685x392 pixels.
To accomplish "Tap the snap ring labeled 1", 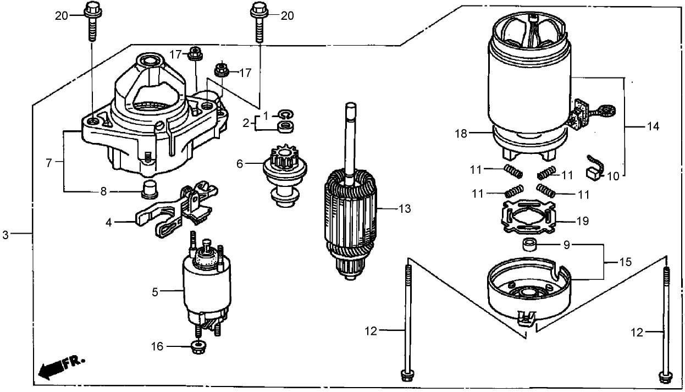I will click(x=284, y=114).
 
